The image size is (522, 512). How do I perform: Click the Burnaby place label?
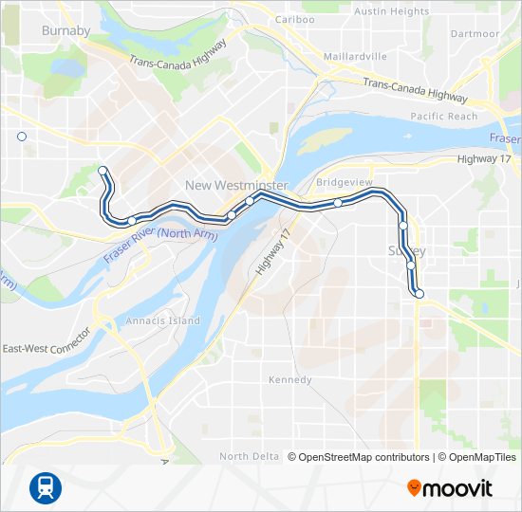[x=65, y=31]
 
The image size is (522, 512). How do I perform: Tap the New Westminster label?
[x=236, y=185]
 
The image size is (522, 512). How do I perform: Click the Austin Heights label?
[x=391, y=11]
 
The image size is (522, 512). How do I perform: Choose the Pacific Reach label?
[x=444, y=117]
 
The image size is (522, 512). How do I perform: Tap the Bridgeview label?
[x=345, y=181]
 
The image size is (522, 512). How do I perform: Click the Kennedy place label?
[x=289, y=380]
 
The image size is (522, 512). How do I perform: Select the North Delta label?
[x=249, y=456]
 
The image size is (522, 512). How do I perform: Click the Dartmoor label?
[x=475, y=33]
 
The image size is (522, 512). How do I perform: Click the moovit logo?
[x=450, y=488]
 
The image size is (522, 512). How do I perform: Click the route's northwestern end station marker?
[x=102, y=171]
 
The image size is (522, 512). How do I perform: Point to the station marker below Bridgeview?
[x=338, y=203]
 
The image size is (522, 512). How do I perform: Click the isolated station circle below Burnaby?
[x=22, y=137]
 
